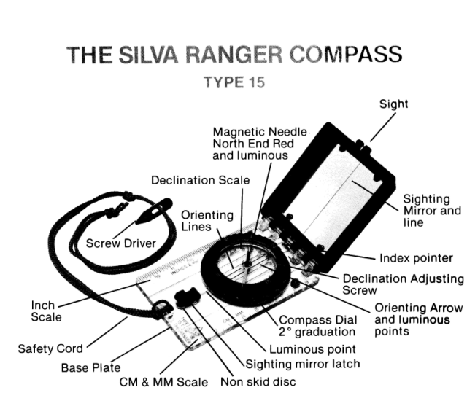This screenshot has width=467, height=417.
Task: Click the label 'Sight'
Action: [393, 104]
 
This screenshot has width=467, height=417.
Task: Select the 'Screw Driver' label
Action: [121, 243]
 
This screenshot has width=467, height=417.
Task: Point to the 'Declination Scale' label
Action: [200, 179]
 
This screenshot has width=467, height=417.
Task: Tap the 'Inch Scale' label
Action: [46, 311]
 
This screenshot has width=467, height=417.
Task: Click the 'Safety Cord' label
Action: [50, 348]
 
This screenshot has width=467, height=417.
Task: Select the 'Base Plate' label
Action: [91, 368]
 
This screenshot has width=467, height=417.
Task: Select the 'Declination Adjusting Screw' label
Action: [403, 284]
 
